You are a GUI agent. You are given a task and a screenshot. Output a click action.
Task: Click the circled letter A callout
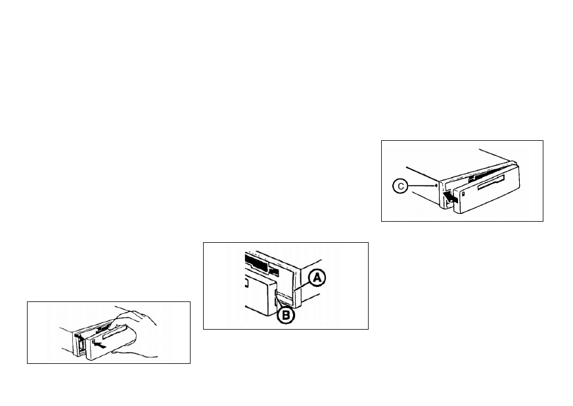tap(317, 278)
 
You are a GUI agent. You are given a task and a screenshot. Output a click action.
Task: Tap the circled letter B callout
tap(286, 315)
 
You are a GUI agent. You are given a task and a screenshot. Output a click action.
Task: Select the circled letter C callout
tap(401, 186)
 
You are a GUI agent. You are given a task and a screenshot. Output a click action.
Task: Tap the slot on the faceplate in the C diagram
tap(492, 182)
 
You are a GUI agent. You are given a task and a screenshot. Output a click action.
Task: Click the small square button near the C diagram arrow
tap(463, 194)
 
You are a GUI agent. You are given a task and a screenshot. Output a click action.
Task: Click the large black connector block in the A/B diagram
tap(256, 262)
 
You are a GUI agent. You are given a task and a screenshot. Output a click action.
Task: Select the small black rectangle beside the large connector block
tap(274, 271)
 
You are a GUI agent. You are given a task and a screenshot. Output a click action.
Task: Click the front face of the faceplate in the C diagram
tap(486, 190)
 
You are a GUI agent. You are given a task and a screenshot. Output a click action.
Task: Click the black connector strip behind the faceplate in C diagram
tap(475, 178)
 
